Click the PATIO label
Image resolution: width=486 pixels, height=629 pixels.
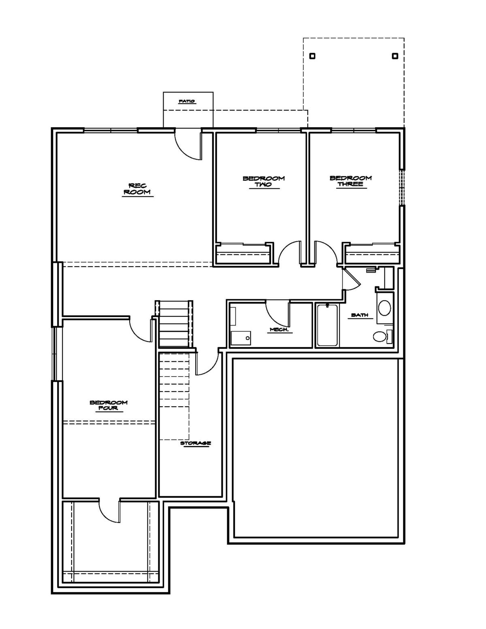click(187, 101)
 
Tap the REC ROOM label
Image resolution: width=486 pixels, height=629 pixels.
click(137, 188)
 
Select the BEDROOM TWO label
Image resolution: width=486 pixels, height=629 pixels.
click(264, 181)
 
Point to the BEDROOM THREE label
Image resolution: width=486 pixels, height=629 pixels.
click(351, 181)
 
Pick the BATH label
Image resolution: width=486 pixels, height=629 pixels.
click(360, 315)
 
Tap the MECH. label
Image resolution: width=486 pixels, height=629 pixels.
click(281, 329)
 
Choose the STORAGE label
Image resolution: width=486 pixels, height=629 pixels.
click(196, 443)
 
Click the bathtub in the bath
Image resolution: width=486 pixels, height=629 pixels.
click(327, 325)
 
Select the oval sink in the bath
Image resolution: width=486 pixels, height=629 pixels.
click(385, 308)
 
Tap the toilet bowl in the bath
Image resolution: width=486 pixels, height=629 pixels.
click(379, 337)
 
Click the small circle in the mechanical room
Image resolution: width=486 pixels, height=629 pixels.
click(247, 338)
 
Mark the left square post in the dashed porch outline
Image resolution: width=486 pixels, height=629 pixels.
click(312, 56)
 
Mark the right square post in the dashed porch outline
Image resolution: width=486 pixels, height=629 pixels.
click(395, 56)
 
